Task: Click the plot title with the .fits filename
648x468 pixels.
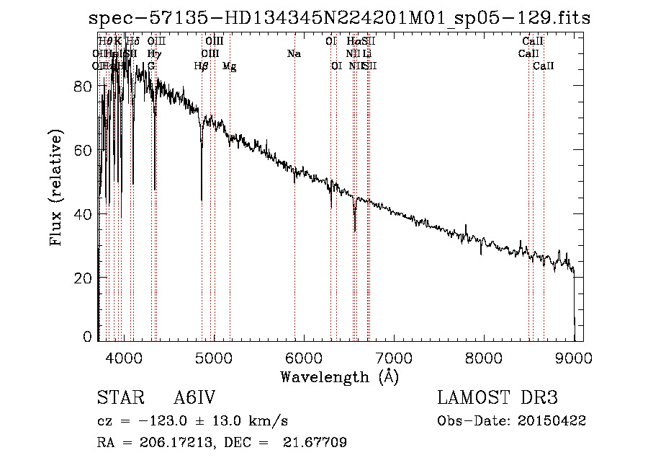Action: (339, 18)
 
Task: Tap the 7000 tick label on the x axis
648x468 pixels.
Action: (393, 358)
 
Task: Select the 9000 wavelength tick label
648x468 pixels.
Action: (573, 358)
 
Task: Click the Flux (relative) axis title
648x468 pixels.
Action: (55, 188)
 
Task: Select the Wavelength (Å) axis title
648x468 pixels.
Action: (339, 376)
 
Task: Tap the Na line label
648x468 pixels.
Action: (294, 54)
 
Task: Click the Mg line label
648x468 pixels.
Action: (229, 66)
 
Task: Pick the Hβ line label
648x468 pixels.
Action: (201, 66)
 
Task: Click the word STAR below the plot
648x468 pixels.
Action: (116, 399)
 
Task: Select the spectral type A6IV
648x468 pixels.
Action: (194, 399)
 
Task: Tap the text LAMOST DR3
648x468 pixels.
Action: (498, 399)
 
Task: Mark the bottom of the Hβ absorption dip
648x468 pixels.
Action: (202, 200)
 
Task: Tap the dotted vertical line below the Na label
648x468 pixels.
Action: (294, 216)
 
